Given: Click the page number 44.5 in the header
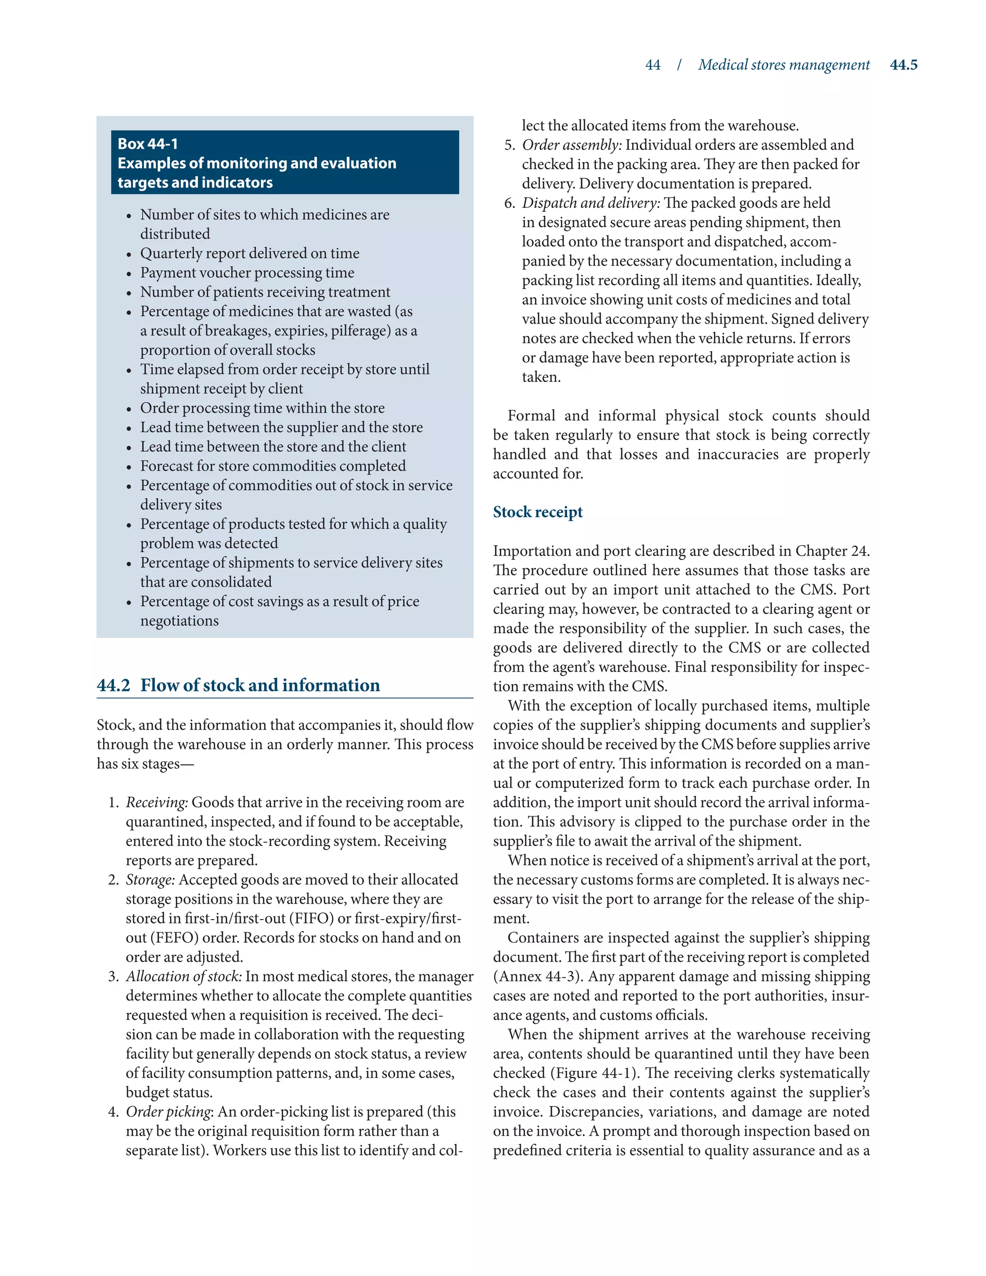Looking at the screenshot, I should pos(903,65).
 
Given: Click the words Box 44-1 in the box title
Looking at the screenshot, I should pos(148,143).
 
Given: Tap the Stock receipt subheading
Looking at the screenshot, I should pos(537,512).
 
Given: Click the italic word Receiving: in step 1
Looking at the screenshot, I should pos(156,802).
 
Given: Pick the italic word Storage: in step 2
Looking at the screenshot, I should pos(150,879).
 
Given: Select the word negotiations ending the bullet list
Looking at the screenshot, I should pos(179,621).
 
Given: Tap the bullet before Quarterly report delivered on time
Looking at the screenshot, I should pos(129,255).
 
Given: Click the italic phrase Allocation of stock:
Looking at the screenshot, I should pos(183,977).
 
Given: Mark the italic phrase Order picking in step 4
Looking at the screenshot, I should pos(168,1111).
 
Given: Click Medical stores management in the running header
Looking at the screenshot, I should pos(783,65).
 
